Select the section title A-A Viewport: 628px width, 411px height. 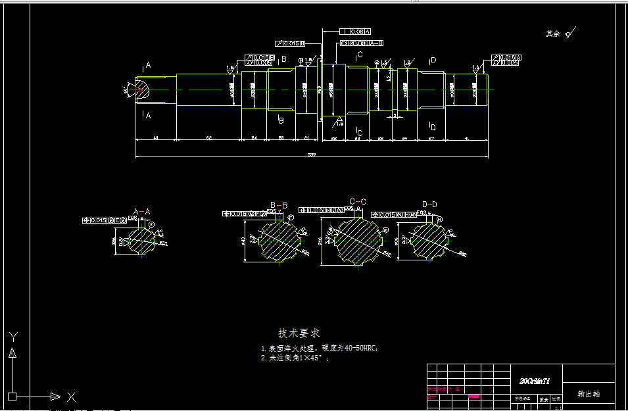(x=142, y=211)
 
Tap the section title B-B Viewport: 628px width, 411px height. (x=279, y=205)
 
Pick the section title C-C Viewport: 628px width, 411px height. (x=358, y=201)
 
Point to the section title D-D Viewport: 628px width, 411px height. (x=429, y=205)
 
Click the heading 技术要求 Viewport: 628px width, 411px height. (x=299, y=333)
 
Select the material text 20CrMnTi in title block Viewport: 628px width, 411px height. (x=535, y=381)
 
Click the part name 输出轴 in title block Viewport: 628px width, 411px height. (x=589, y=394)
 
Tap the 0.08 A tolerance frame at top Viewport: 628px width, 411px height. (x=356, y=32)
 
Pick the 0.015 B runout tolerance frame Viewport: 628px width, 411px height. (x=291, y=43)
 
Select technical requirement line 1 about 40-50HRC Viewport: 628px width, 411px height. (x=320, y=349)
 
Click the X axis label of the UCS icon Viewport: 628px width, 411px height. (x=71, y=397)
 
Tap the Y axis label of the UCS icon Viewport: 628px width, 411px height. (x=12, y=337)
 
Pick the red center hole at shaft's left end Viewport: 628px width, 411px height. (x=140, y=89)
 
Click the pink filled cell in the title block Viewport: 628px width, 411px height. (x=473, y=396)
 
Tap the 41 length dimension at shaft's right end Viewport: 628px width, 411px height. (x=467, y=138)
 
